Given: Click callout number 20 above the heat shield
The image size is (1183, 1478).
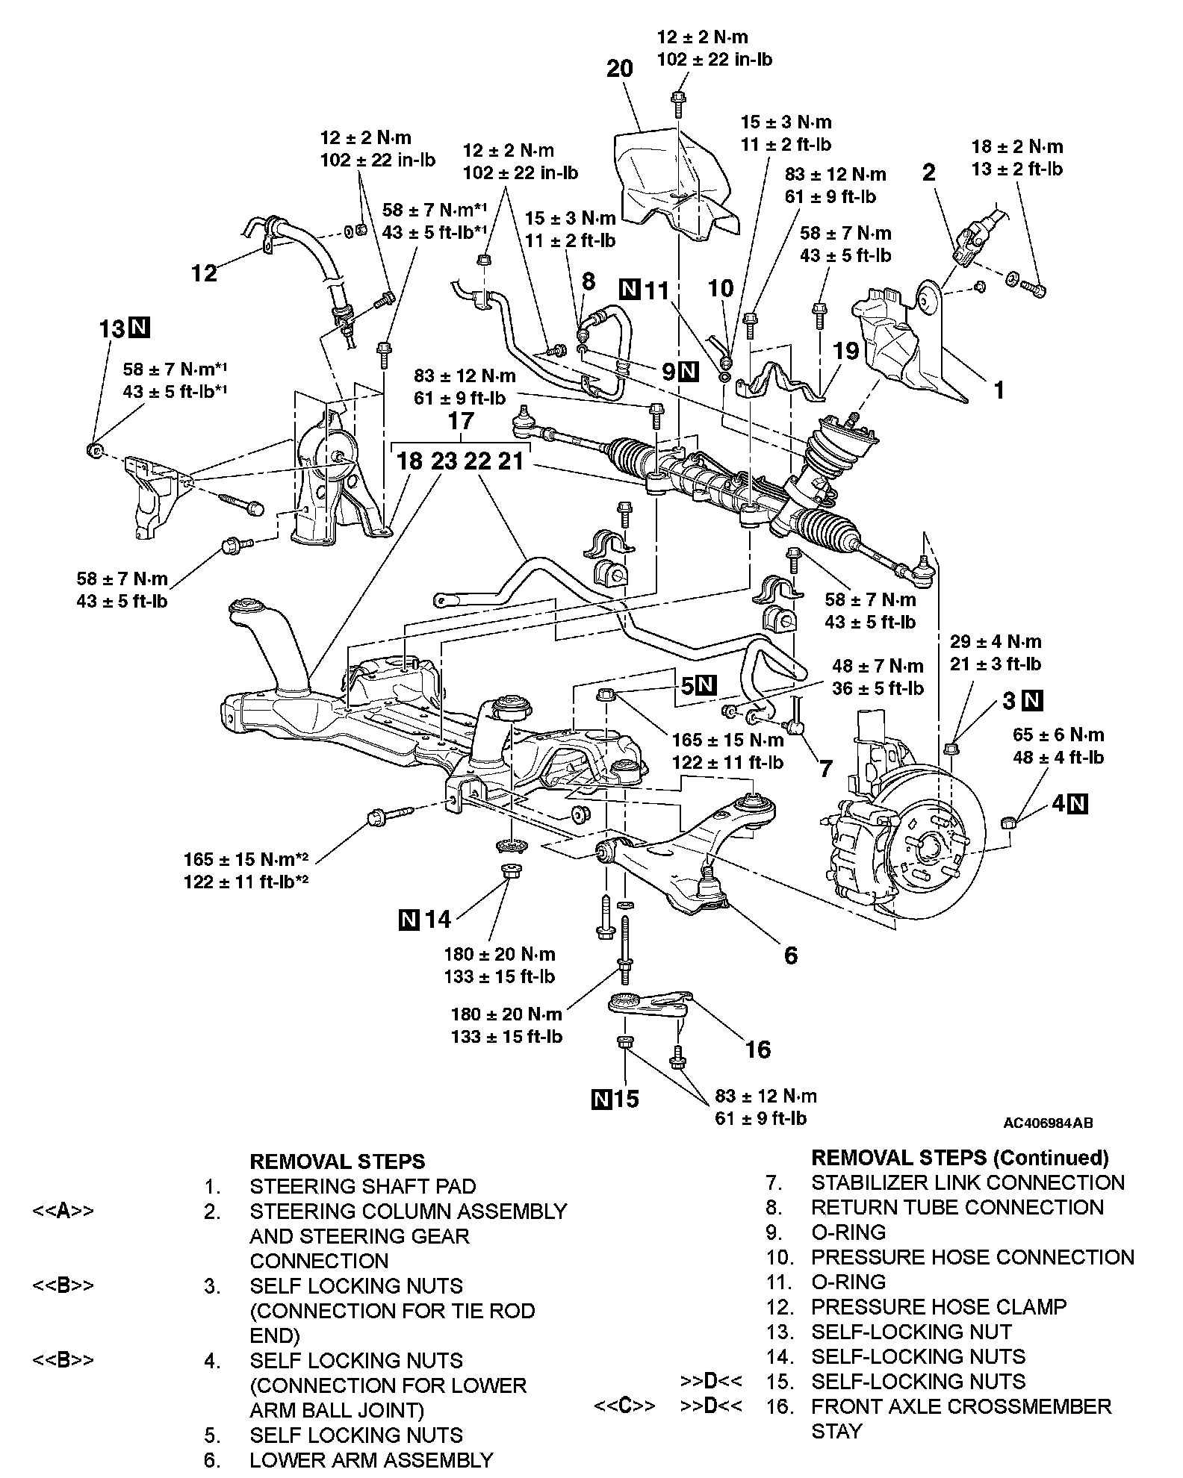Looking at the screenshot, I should point(619,69).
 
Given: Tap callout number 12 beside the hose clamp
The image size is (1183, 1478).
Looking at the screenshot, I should point(204,272).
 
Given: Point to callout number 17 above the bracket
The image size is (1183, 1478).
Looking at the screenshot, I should point(461,421).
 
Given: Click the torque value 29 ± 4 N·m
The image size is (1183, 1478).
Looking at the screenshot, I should point(995,641).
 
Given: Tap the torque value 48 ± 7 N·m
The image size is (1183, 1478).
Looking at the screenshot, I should point(878,666).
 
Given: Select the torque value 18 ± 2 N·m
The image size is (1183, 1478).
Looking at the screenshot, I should point(1016,147).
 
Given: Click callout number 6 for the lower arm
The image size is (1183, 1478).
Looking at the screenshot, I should point(790,955).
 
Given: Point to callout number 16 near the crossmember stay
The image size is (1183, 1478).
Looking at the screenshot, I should point(757,1050).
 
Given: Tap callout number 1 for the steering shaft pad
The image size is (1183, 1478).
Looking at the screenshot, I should point(999,390).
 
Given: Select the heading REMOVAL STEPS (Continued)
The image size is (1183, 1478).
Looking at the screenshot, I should point(960,1158).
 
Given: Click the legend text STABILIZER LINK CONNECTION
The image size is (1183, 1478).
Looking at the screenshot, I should point(967,1182).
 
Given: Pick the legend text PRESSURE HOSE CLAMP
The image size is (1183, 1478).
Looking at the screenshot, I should point(939,1306).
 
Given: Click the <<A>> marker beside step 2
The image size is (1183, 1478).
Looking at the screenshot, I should point(63,1211).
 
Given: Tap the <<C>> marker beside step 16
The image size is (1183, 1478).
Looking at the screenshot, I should point(624,1406).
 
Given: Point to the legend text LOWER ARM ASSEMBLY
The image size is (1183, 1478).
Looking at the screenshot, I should point(371,1459).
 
